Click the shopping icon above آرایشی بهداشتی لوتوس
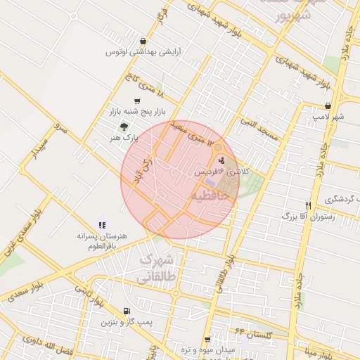point(144,41)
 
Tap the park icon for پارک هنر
point(124,127)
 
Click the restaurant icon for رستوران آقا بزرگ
point(308,205)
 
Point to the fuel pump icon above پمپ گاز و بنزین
point(126,311)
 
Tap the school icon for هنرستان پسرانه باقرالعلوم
point(102,225)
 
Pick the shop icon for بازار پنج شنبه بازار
point(136,101)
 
